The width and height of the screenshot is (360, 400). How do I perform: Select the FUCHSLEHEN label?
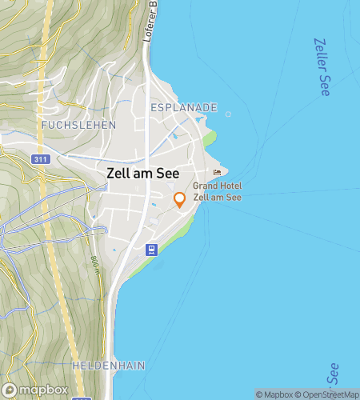click(78, 126)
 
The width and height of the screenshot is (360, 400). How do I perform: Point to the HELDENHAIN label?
click(108, 365)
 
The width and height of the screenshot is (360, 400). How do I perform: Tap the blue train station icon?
click(150, 249)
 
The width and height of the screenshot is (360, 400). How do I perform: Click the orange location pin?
click(180, 200)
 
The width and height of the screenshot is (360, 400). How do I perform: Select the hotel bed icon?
click(217, 173)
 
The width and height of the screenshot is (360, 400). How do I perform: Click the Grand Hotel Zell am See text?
click(218, 192)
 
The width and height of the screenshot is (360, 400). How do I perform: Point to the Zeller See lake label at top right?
click(322, 67)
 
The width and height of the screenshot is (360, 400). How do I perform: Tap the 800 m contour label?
click(94, 263)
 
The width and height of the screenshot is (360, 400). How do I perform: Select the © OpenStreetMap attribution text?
click(328, 394)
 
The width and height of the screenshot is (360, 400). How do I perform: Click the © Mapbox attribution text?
click(276, 394)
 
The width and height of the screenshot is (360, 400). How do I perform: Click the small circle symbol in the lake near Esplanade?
click(228, 114)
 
